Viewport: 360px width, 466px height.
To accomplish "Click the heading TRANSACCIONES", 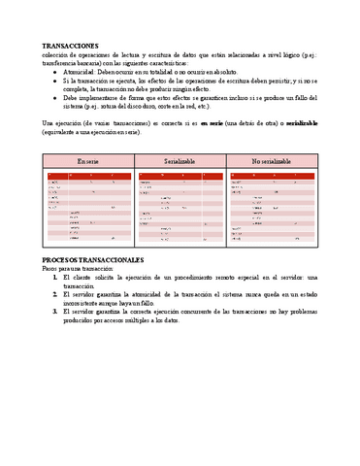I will [x=71, y=46].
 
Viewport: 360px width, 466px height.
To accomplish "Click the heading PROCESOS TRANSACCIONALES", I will [x=93, y=260].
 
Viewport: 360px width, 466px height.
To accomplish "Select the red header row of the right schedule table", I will [x=270, y=175].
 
